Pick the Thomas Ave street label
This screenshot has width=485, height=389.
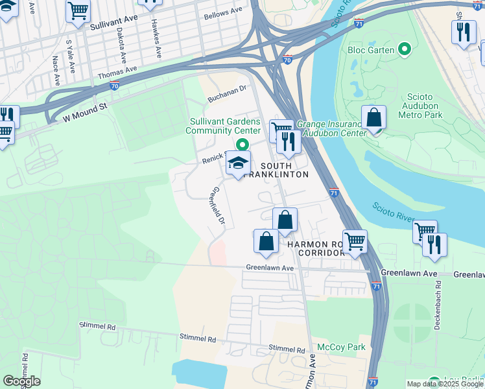117,72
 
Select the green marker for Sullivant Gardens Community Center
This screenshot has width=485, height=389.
242,145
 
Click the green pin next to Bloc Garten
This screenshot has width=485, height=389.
405,49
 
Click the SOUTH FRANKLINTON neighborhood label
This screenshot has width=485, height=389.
276,169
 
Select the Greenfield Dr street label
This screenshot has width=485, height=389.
219,207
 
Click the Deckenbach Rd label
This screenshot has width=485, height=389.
438,308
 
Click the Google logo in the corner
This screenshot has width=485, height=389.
21,381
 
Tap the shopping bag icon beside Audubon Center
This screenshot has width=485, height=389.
373,118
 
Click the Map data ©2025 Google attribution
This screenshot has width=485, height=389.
444,384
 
